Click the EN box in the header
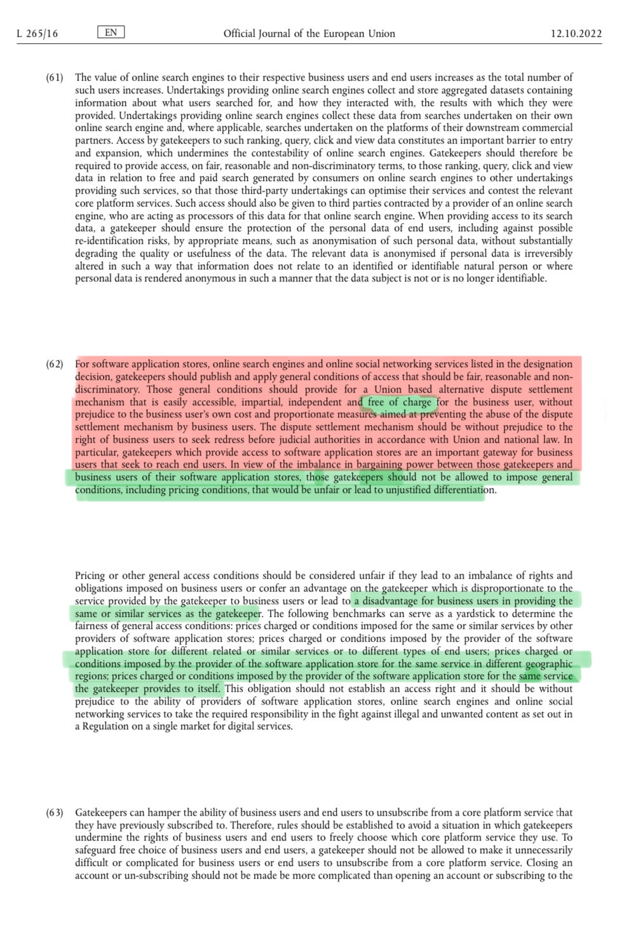tap(111, 32)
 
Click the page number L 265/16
tap(37, 34)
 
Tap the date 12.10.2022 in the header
tap(576, 34)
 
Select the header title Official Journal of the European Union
tap(309, 34)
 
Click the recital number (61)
tap(55, 78)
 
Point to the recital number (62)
tap(55, 364)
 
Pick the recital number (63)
tap(55, 813)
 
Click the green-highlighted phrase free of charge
tap(399, 402)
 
